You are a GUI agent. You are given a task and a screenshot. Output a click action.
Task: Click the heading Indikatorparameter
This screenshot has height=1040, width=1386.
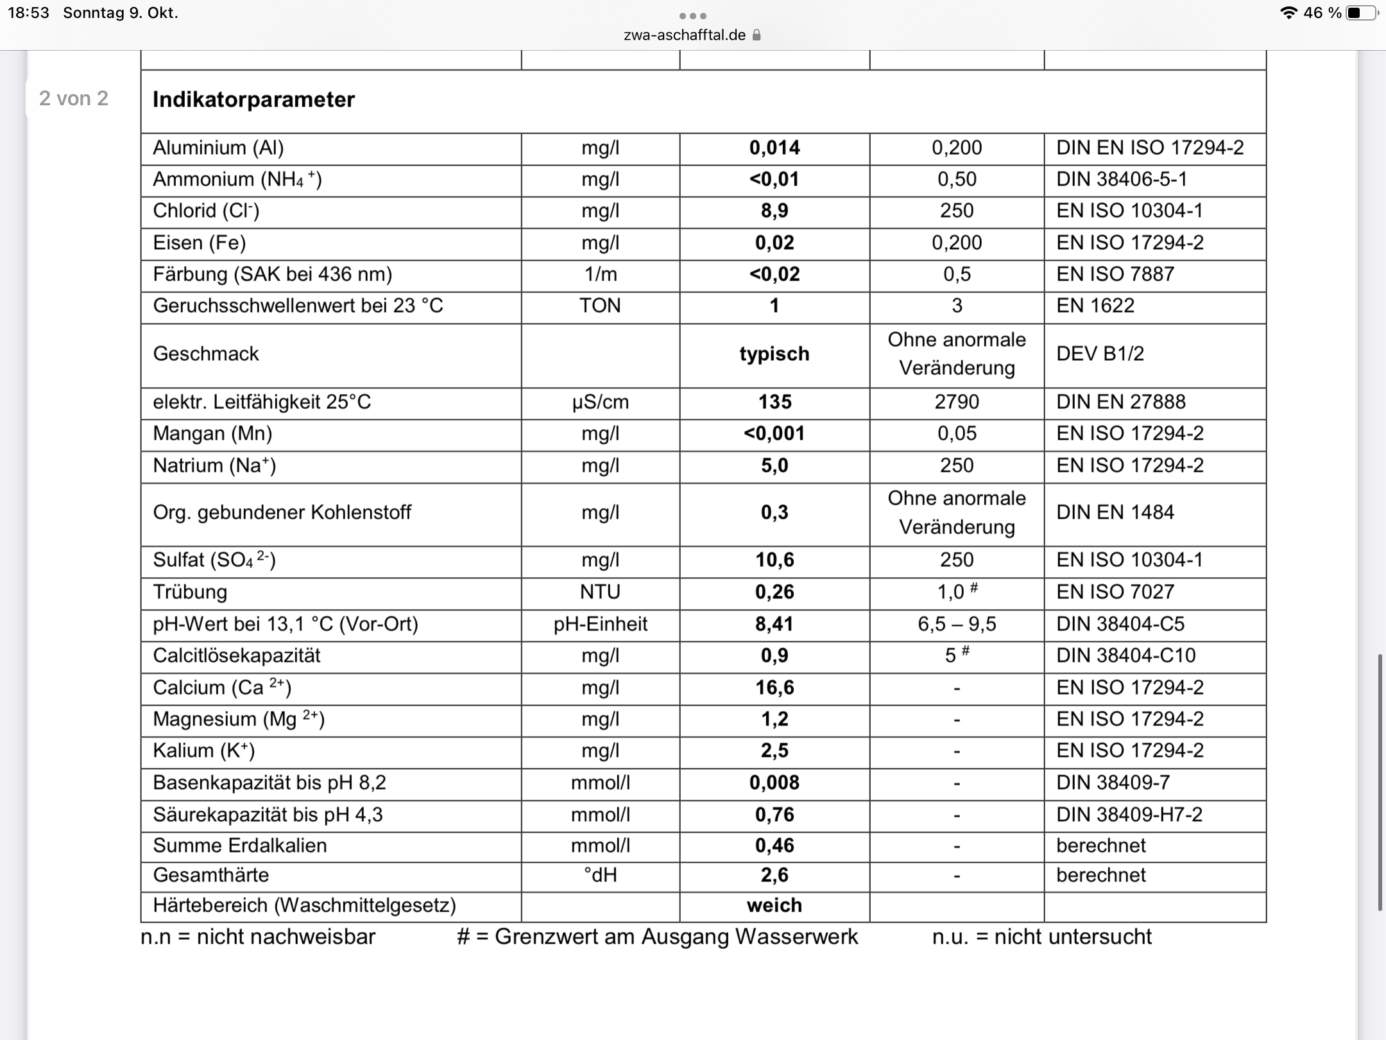coord(253,100)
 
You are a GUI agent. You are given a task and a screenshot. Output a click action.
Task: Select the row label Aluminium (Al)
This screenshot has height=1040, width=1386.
coord(218,148)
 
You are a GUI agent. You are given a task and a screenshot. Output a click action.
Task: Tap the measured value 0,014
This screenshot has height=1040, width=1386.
coord(774,148)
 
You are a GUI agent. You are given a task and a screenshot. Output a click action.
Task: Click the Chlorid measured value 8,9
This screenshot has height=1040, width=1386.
coord(774,211)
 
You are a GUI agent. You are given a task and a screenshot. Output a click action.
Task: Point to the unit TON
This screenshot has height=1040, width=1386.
coord(600,306)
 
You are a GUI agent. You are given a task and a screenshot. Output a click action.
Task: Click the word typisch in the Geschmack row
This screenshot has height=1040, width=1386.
coord(774,354)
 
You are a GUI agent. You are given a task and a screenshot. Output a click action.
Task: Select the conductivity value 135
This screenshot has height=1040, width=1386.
coord(774,402)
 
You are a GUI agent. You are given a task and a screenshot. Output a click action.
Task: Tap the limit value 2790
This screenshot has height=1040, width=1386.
coord(957,402)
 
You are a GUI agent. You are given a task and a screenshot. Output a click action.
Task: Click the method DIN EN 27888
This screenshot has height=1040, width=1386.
coord(1121,402)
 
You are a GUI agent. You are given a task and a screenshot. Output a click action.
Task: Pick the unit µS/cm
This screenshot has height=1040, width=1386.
coord(600,402)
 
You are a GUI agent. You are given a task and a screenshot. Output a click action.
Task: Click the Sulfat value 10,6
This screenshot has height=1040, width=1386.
coord(774,560)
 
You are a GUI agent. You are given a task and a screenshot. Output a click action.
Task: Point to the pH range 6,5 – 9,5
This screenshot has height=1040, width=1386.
coord(957,624)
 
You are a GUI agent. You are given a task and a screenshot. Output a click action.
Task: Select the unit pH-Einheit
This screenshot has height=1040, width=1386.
coord(600,624)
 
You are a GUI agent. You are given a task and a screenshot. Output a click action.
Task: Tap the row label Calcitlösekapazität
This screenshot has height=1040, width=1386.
coord(236,655)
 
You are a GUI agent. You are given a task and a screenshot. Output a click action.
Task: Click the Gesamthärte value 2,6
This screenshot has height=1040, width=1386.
coord(774,875)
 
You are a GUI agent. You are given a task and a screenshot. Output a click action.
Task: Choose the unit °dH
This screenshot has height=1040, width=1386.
coord(600,875)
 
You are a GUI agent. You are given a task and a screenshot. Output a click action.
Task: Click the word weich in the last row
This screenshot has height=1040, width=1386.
coord(774,905)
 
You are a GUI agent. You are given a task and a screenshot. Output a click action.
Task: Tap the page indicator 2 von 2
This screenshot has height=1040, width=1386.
coord(74,98)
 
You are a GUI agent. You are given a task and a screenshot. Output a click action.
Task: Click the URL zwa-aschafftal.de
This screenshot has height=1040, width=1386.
coord(685,35)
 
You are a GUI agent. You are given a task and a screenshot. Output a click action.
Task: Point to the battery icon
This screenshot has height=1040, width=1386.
coord(1361,13)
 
